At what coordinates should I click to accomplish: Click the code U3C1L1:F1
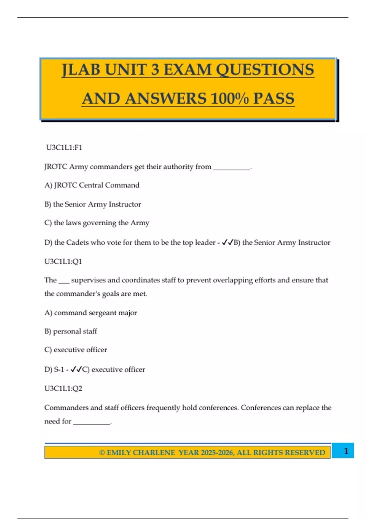[64, 147]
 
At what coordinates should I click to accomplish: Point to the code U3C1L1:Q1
[63, 261]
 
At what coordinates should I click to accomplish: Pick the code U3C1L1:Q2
[63, 388]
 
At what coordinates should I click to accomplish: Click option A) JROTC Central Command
[92, 185]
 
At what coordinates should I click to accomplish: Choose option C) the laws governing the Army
[97, 223]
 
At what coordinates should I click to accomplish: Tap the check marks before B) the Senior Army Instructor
[228, 242]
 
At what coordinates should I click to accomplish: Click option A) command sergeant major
[91, 313]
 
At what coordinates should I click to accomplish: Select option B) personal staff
[70, 331]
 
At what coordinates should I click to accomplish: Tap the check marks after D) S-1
[76, 369]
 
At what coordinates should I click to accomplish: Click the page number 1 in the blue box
[346, 451]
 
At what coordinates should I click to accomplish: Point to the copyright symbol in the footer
[102, 452]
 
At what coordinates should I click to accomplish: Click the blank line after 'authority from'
[231, 168]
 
